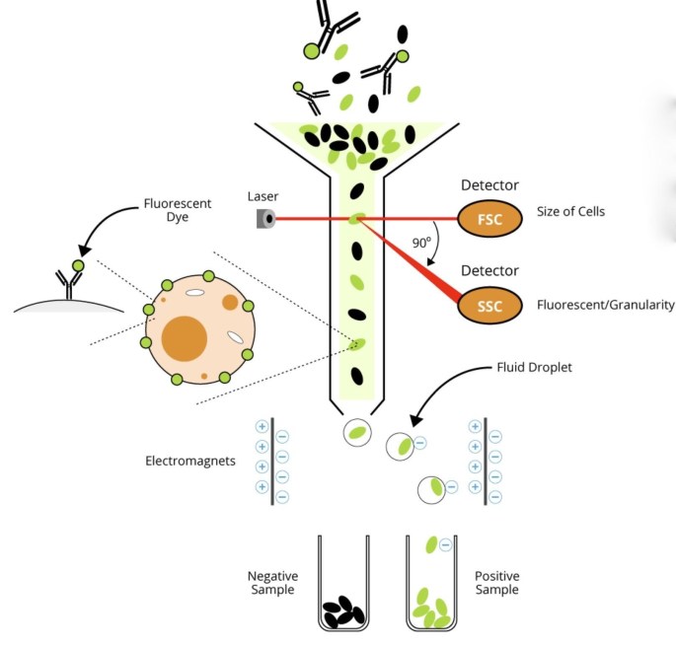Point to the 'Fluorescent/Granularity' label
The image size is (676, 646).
coord(606,305)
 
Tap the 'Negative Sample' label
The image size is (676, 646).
coord(272,583)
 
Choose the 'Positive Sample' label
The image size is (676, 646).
coord(496,583)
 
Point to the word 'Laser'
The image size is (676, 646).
coord(263,195)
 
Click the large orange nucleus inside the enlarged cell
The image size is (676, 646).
coord(184,339)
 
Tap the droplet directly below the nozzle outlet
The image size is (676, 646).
coord(358,432)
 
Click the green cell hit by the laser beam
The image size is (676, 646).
coord(357,219)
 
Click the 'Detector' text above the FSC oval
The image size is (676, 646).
coord(489,185)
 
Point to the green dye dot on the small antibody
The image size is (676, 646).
coord(78,266)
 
